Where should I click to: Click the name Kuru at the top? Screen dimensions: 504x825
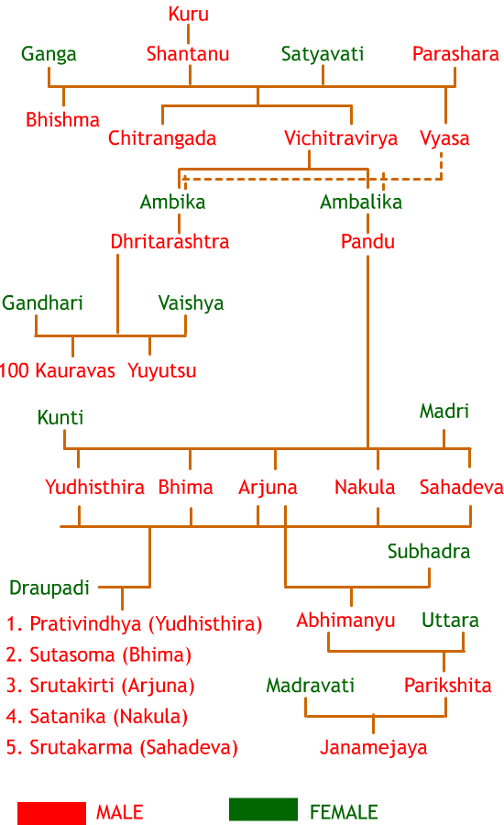pyautogui.click(x=189, y=14)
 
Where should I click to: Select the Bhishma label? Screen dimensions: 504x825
pyautogui.click(x=62, y=120)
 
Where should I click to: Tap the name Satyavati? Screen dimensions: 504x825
pyautogui.click(x=323, y=54)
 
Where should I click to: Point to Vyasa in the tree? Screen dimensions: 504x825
pyautogui.click(x=444, y=139)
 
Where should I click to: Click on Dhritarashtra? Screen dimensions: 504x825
pyautogui.click(x=170, y=241)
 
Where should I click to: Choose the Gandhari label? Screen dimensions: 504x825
pyautogui.click(x=43, y=303)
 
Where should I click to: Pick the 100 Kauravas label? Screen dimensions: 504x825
pyautogui.click(x=57, y=371)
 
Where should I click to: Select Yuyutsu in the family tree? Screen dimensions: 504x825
pyautogui.click(x=162, y=371)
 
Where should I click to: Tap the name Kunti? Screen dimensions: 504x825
pyautogui.click(x=60, y=418)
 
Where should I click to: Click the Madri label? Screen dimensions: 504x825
pyautogui.click(x=444, y=412)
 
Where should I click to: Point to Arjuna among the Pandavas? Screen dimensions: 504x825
pyautogui.click(x=268, y=489)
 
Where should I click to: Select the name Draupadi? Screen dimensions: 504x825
pyautogui.click(x=49, y=588)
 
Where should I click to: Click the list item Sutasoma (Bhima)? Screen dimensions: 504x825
pyautogui.click(x=99, y=655)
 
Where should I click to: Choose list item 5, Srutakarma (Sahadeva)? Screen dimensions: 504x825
pyautogui.click(x=122, y=748)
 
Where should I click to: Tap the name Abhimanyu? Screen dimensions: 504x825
pyautogui.click(x=345, y=621)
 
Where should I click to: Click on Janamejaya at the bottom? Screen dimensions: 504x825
pyautogui.click(x=374, y=748)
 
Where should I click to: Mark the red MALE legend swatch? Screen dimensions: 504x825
pyautogui.click(x=51, y=813)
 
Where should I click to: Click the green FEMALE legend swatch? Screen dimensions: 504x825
pyautogui.click(x=264, y=809)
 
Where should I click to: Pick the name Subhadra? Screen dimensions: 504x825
pyautogui.click(x=429, y=552)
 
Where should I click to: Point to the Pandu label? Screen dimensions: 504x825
pyautogui.click(x=367, y=242)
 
